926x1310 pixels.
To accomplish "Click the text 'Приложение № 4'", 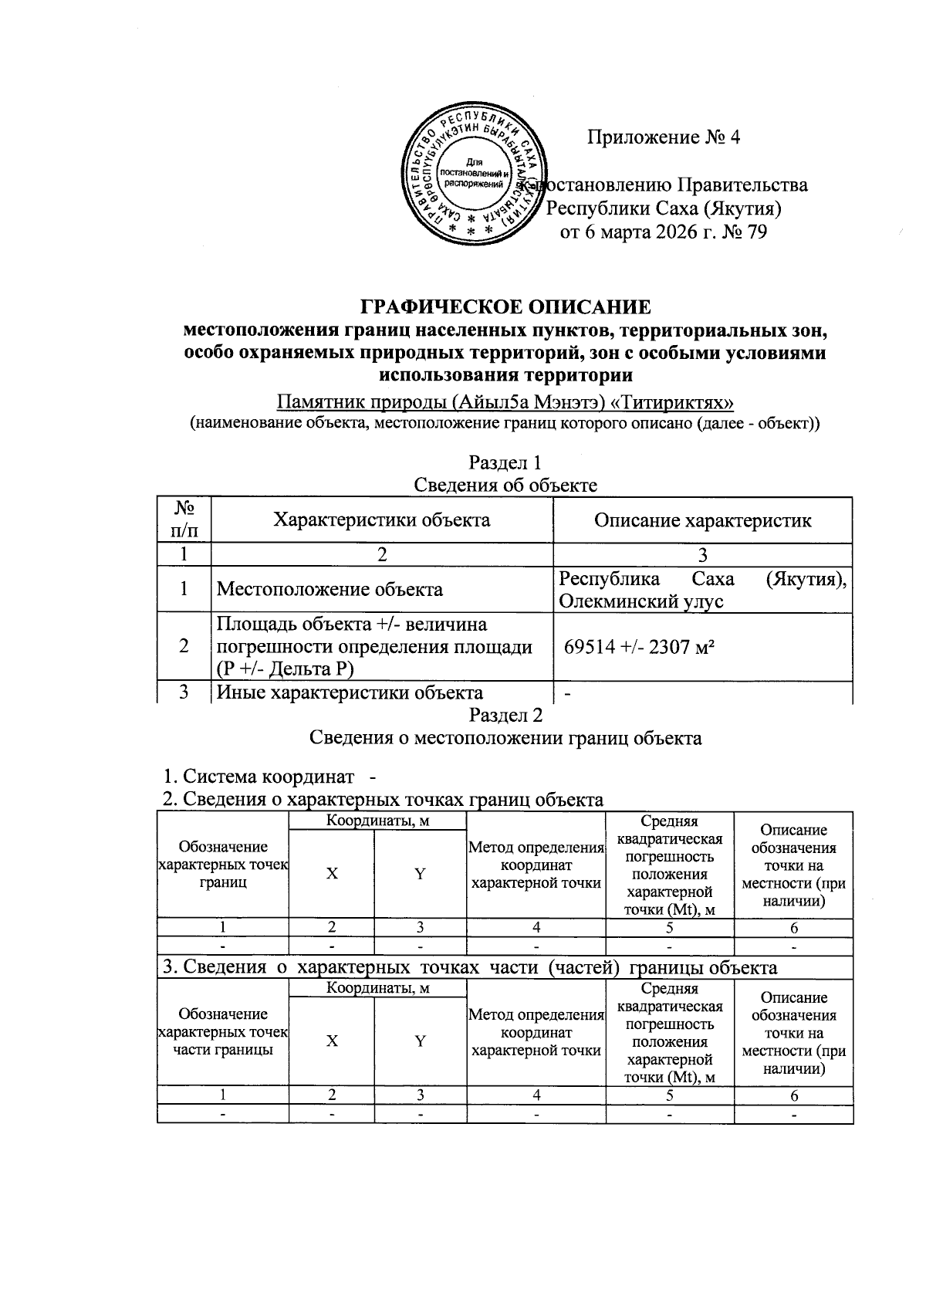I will click(x=664, y=137).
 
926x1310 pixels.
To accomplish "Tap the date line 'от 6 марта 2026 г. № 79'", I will click(x=664, y=232).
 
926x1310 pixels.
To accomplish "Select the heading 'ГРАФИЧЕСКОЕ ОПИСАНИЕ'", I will click(x=506, y=306).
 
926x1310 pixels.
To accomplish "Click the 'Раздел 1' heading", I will click(x=505, y=462).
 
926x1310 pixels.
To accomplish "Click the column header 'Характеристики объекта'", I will click(x=382, y=520).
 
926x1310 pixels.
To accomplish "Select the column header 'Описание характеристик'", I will click(x=702, y=520).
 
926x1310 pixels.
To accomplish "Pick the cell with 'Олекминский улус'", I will click(x=641, y=601).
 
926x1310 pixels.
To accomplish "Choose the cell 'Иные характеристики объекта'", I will click(x=350, y=692).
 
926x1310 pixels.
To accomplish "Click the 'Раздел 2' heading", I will click(x=505, y=715).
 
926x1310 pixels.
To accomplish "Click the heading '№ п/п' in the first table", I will click(x=184, y=520).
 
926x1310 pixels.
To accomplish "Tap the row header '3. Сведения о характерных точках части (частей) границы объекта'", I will click(x=469, y=967).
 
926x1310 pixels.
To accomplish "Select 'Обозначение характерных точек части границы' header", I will click(x=223, y=1032).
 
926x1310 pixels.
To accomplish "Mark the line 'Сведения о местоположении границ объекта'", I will click(x=505, y=738).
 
